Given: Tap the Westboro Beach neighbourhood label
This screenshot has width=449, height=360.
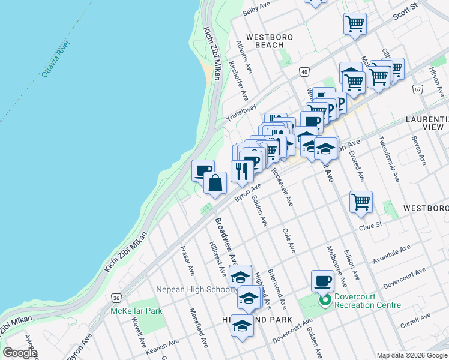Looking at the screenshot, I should click(269, 41).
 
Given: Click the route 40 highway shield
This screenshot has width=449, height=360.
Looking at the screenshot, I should click(305, 72).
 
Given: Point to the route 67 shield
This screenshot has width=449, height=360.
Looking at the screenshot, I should click(418, 88).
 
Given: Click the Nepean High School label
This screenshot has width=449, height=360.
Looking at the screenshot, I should click(194, 289).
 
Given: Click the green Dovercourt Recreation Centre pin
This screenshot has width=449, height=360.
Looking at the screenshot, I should click(325, 300).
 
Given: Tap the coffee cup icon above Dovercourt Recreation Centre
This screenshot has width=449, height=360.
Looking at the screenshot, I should click(322, 280).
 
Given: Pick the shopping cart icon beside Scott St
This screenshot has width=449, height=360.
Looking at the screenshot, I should click(355, 24).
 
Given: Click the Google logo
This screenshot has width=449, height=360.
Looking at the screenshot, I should click(20, 353).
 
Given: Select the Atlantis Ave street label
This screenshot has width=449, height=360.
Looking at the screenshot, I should click(244, 57).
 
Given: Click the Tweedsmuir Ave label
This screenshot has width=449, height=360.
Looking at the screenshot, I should click(388, 158).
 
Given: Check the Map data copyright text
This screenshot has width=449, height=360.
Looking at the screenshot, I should click(411, 355).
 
